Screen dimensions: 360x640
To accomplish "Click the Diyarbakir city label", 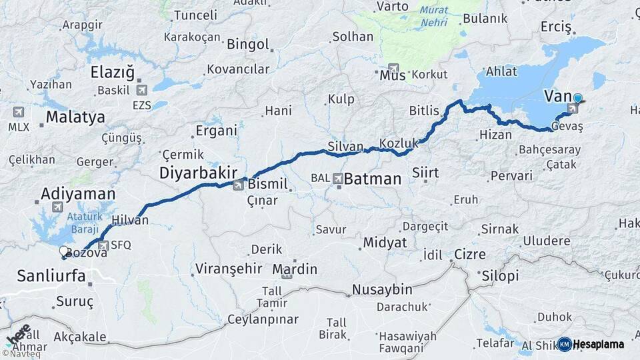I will (x=199, y=173).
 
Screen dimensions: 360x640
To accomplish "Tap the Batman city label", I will (x=373, y=179).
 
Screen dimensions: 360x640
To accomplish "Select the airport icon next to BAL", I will (x=338, y=179).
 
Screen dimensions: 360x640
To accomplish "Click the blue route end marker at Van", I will (x=577, y=99).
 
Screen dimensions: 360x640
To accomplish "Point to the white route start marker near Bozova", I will (x=63, y=251).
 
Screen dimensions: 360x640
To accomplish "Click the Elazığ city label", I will (x=112, y=72).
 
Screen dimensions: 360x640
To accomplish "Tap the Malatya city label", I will (x=75, y=117).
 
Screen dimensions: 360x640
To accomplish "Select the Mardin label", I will (x=295, y=269).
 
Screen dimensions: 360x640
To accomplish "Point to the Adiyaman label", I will (x=79, y=193).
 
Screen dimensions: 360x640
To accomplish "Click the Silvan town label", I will (x=345, y=146).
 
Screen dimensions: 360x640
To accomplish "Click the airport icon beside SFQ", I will (x=103, y=245).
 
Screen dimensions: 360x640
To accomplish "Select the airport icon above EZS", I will (x=141, y=90).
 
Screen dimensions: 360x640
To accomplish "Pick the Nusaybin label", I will (x=381, y=290).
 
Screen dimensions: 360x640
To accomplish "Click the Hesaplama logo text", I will (x=599, y=344).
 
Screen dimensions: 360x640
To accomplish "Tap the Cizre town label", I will (x=470, y=254).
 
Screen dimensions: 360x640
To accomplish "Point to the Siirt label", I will (x=425, y=173).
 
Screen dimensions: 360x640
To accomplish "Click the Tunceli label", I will (x=195, y=15).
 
